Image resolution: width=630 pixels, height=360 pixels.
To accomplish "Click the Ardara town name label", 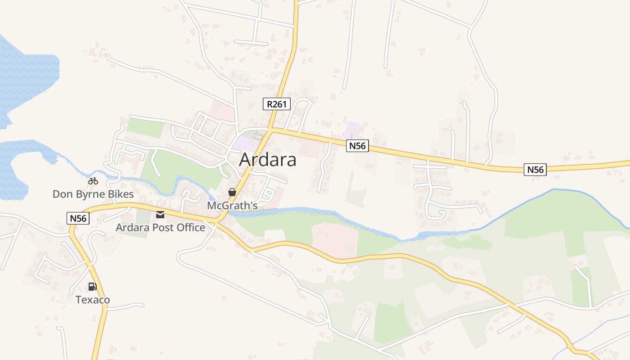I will coord(268,160).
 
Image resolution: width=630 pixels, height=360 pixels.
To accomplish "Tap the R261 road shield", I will coord(277,104).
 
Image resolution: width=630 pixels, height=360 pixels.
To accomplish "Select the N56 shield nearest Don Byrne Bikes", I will coord(78,219).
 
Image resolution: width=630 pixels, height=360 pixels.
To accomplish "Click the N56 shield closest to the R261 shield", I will coord(358,146).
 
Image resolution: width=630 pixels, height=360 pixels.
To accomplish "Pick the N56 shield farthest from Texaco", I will coord(535,170).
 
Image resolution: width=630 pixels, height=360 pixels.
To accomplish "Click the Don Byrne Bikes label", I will coord(93,194).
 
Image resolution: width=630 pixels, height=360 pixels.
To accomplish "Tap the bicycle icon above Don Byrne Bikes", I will coord(93,181).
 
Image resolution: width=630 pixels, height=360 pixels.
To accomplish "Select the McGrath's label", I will coord(232,206).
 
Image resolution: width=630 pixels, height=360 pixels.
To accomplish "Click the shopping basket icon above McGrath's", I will coord(232,193).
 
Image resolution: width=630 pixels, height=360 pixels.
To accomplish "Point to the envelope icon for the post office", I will coord(160,215).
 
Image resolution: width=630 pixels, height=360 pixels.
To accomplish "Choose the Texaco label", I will coord(93,300).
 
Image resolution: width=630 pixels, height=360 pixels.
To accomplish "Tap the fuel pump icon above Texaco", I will coord(93,287).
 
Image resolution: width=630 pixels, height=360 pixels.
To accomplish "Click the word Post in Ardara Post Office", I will coord(162,228).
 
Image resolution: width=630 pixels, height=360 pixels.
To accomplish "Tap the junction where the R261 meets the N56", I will coord(271,130).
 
